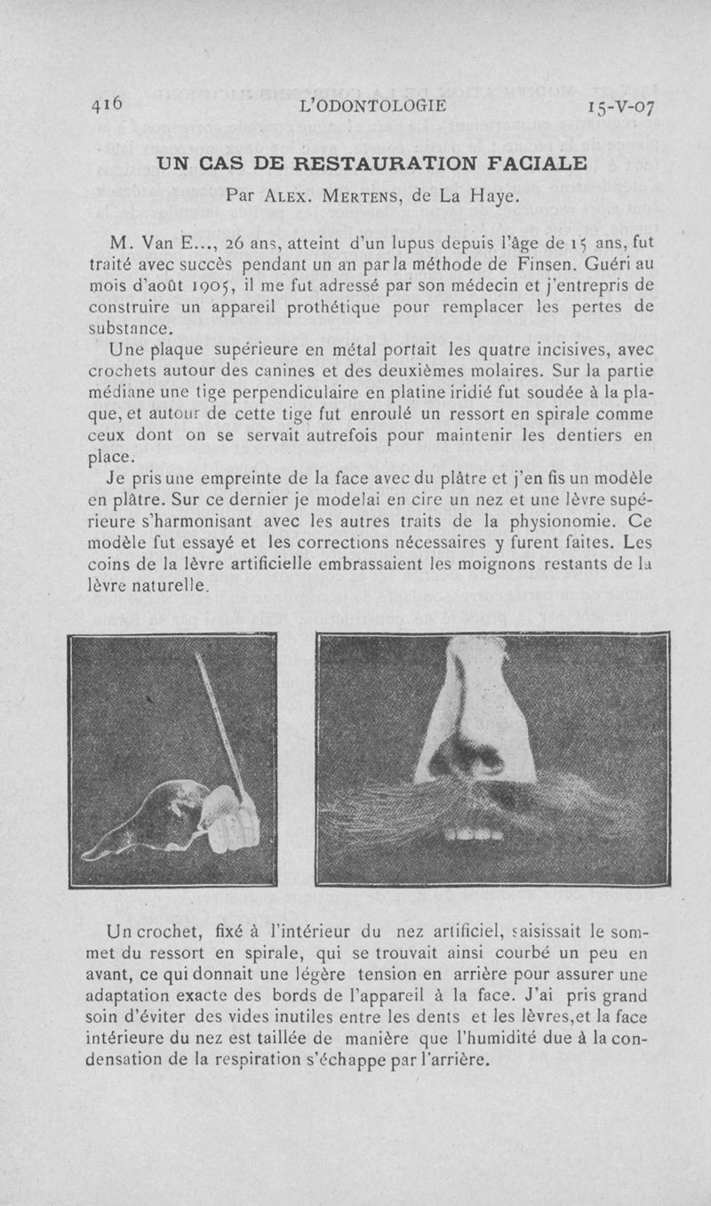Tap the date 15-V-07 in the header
tap(621, 108)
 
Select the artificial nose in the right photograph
tap(470, 720)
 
